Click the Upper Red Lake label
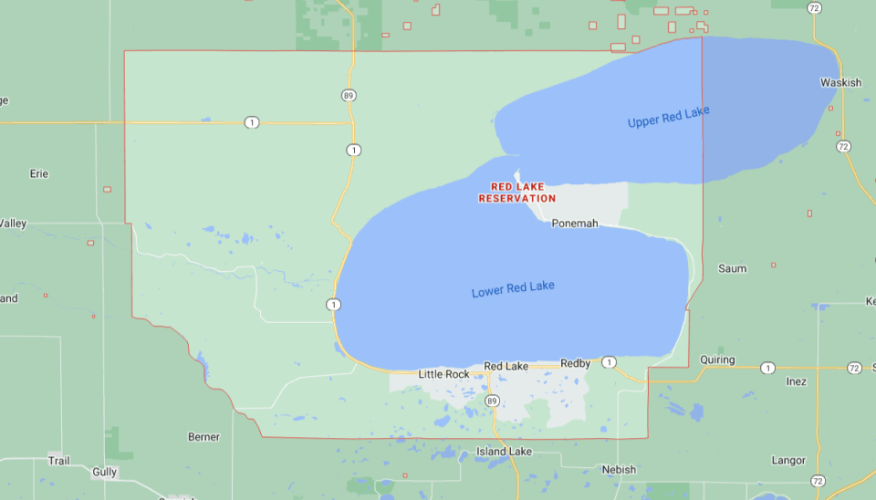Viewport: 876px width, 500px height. pos(668,117)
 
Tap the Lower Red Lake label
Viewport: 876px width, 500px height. pos(513,290)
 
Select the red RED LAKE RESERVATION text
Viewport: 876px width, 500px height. pos(516,193)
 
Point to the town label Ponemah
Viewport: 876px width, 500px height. pos(575,223)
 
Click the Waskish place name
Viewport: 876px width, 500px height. pos(840,82)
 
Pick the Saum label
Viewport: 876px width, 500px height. pos(733,268)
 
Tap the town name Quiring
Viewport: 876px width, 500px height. pos(717,359)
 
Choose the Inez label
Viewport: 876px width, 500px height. pos(796,381)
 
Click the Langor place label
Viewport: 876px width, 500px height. pos(788,461)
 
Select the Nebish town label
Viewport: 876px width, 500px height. pos(618,469)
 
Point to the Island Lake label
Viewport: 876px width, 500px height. pos(504,452)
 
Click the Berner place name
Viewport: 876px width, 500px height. pos(203,437)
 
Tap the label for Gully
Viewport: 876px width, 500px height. pos(105,472)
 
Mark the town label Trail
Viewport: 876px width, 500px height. pos(58,461)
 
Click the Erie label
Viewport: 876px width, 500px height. pos(38,173)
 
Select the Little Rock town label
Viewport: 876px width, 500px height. pos(443,374)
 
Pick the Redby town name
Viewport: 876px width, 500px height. pos(576,363)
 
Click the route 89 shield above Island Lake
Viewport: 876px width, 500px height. pos(492,401)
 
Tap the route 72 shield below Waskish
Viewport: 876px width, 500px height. pos(843,146)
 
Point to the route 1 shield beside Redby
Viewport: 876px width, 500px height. pos(609,362)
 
